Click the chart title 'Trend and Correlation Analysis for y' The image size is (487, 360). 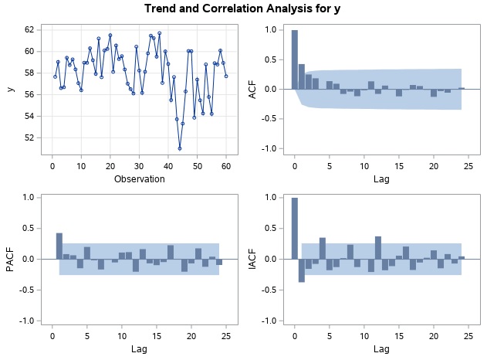243,8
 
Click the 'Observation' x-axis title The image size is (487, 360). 139,179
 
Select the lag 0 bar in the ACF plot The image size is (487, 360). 294,59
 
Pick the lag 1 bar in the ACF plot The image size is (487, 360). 302,76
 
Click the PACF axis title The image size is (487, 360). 9,259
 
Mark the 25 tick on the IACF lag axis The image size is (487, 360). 472,336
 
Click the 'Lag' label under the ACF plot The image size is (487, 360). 383,179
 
